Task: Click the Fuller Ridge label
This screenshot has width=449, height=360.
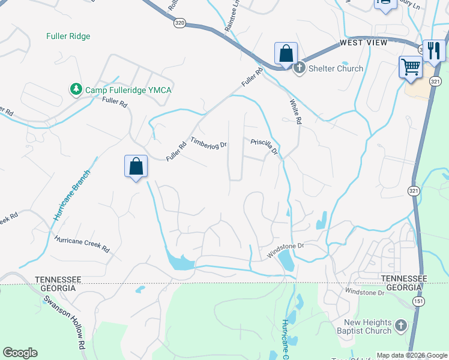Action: pyautogui.click(x=68, y=36)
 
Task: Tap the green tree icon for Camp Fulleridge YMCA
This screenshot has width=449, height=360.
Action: pyautogui.click(x=76, y=89)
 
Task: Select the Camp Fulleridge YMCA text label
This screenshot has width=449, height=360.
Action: pyautogui.click(x=128, y=90)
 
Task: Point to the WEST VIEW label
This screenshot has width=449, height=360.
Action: pyautogui.click(x=363, y=43)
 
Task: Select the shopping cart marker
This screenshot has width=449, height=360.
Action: pyautogui.click(x=411, y=68)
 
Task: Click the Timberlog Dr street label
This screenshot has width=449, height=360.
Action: pyautogui.click(x=209, y=144)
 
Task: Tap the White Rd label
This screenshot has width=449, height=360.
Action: pyautogui.click(x=295, y=112)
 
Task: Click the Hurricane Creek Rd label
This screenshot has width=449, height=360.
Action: pyautogui.click(x=82, y=244)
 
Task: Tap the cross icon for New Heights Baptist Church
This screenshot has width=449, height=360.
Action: pyautogui.click(x=400, y=326)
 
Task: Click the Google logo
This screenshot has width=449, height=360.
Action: pyautogui.click(x=20, y=353)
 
